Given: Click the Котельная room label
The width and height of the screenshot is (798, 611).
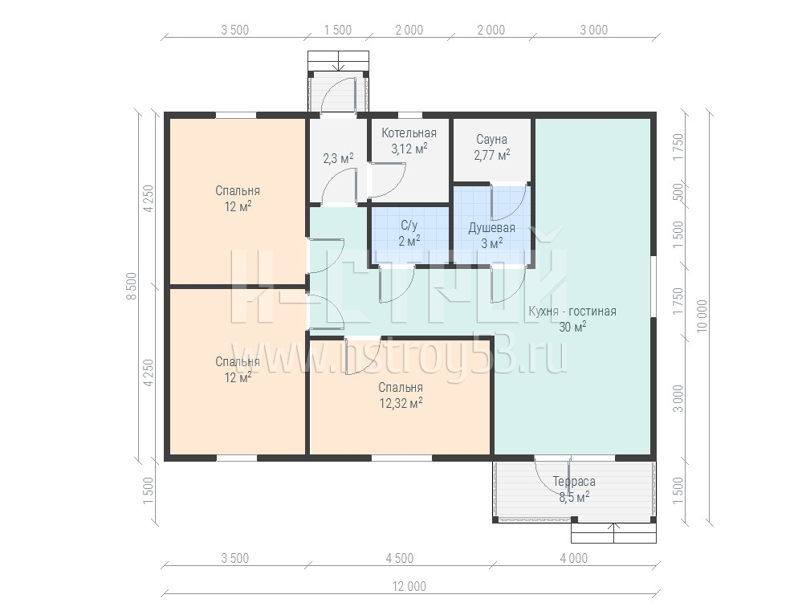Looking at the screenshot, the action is (409, 133).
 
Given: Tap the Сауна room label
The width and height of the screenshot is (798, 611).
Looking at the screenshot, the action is (491, 140).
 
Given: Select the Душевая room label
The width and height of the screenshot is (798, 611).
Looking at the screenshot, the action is (491, 228).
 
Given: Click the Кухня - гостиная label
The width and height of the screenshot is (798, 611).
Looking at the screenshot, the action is (572, 311).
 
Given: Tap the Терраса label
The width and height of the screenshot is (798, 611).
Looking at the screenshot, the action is (574, 481).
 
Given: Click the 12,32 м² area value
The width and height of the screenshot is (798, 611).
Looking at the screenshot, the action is (401, 403).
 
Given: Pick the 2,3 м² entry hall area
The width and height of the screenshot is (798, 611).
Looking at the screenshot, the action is (338, 158).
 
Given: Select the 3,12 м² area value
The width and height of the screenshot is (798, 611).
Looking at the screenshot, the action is (409, 149).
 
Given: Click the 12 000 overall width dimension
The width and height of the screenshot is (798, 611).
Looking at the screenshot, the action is (409, 587).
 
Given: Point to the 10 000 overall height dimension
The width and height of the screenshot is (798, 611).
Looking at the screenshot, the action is (702, 316).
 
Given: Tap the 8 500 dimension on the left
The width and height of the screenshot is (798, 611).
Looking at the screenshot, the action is (132, 286).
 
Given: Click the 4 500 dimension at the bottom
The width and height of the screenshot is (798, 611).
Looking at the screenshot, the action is (400, 559).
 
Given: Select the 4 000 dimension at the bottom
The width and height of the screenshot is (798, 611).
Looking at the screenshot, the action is (574, 559).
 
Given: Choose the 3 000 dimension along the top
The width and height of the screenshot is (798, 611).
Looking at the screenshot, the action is (594, 30).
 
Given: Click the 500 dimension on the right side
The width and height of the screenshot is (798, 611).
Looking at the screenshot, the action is (678, 193).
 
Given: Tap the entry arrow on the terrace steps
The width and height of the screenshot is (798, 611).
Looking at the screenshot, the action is (614, 532).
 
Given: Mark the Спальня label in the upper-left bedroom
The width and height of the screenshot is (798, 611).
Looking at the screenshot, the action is (238, 191).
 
